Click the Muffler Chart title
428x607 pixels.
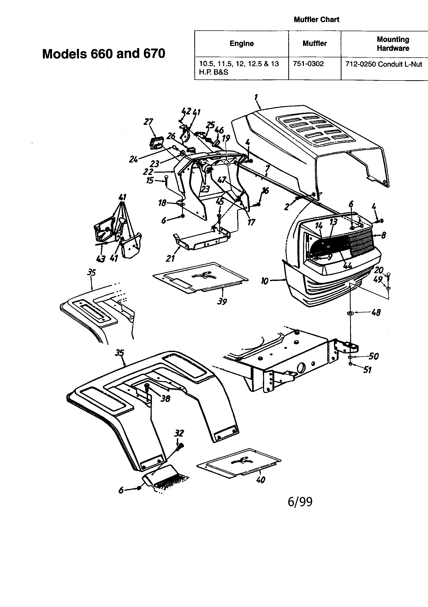316,19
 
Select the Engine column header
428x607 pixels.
242,44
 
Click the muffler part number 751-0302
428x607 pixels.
308,64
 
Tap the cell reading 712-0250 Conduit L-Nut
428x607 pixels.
384,64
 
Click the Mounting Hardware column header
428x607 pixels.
393,44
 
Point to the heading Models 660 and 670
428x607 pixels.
104,54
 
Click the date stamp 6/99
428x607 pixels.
300,502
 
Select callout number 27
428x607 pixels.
148,122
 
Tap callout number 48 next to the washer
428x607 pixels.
376,313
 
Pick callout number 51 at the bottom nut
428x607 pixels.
367,370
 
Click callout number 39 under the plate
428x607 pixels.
222,301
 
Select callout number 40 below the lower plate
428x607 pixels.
260,480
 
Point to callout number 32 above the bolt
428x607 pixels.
179,433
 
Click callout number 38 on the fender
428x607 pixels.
165,399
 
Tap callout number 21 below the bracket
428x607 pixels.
170,258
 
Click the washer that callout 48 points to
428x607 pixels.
351,313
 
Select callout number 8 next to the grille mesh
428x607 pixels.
383,235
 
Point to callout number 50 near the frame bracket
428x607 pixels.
373,356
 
